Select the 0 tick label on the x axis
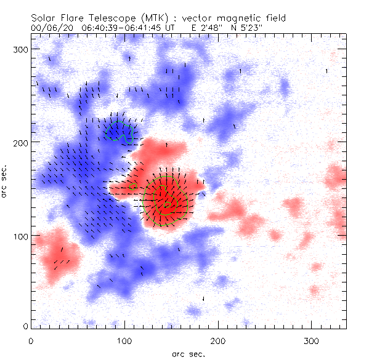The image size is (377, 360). pyautogui.click(x=31, y=340)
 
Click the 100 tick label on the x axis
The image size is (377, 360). pyautogui.click(x=124, y=340)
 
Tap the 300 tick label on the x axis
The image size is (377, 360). pyautogui.click(x=312, y=340)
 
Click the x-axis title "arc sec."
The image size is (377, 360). pyautogui.click(x=188, y=353)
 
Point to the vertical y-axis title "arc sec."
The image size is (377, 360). pyautogui.click(x=6, y=182)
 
